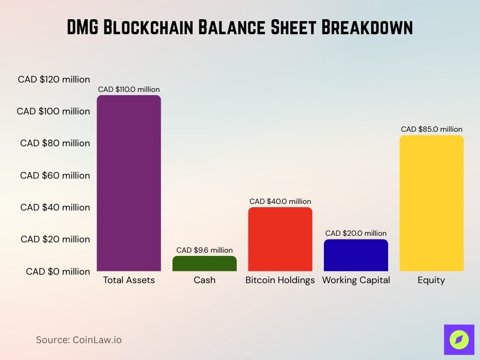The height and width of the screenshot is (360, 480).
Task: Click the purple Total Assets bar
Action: pyautogui.click(x=129, y=183)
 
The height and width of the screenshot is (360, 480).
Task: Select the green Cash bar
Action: pyautogui.click(x=204, y=263)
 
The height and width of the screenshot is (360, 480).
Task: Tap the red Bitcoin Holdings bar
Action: pyautogui.click(x=280, y=239)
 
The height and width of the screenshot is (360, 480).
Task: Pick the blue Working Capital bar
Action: pyautogui.click(x=356, y=255)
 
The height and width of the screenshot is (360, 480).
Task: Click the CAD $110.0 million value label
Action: pyautogui.click(x=129, y=89)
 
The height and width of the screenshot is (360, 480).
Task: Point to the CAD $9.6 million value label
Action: pyautogui.click(x=204, y=250)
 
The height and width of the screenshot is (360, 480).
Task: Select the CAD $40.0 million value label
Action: pyautogui.click(x=280, y=201)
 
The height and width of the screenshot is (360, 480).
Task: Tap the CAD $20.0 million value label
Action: pyautogui.click(x=356, y=233)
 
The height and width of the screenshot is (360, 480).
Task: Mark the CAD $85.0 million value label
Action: pyautogui.click(x=431, y=129)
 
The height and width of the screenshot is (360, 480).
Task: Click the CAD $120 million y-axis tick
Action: pyautogui.click(x=54, y=79)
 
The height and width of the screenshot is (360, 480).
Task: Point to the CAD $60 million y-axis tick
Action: pyautogui.click(x=55, y=175)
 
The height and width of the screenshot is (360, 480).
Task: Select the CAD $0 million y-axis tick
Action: pyautogui.click(x=58, y=271)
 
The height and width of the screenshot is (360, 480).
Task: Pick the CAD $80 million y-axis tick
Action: pyautogui.click(x=55, y=143)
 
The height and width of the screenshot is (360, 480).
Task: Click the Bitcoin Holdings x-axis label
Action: pyautogui.click(x=280, y=280)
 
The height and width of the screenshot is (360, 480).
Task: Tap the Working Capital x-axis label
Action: pyautogui.click(x=356, y=280)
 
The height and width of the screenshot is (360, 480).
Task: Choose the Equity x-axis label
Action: pyautogui.click(x=431, y=280)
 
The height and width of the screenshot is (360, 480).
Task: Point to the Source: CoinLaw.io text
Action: pyautogui.click(x=79, y=340)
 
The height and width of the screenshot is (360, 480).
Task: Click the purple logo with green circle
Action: pyautogui.click(x=458, y=339)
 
